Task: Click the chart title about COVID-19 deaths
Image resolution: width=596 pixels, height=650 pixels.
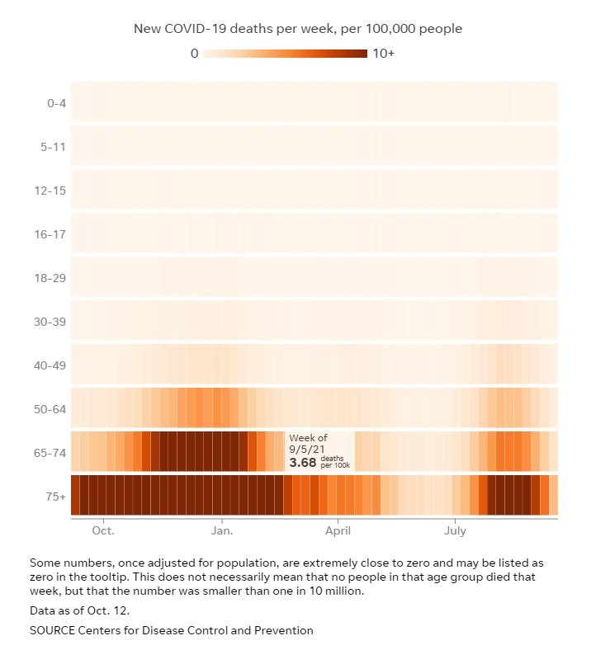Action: tap(298, 29)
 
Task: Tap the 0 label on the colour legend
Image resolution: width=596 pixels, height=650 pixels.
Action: tap(194, 54)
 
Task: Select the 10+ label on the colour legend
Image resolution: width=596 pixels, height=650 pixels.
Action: tap(385, 54)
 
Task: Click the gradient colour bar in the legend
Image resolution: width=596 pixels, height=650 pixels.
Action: tap(285, 54)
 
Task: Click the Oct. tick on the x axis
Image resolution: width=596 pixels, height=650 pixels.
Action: tap(104, 531)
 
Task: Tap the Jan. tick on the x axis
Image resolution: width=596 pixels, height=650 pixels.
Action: tap(222, 531)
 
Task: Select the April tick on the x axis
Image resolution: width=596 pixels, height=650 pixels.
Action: tap(338, 531)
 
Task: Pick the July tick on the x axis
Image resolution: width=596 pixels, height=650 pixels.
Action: tap(456, 531)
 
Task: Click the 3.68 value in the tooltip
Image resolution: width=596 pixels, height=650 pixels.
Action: tap(303, 463)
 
